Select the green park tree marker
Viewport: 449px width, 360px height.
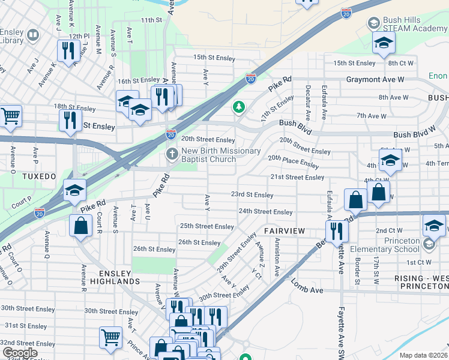point(240,107)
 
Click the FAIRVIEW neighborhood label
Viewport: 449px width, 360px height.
point(285,231)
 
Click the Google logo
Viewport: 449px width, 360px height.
point(20,353)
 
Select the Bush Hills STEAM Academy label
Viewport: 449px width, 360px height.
point(412,24)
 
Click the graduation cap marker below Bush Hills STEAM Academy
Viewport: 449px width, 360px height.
point(384,43)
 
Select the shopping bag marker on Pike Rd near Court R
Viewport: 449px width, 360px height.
point(80,226)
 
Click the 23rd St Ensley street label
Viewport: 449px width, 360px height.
point(252,195)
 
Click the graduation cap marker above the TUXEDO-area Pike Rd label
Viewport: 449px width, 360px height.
point(74,190)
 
